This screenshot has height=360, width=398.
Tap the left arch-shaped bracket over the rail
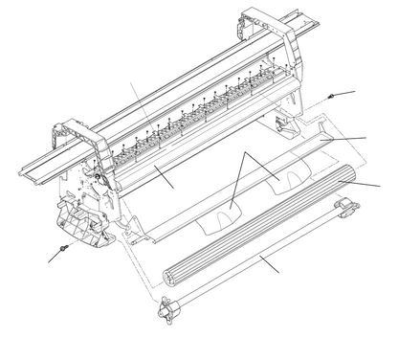click(84, 145)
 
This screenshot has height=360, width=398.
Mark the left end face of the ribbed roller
click(172, 274)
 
